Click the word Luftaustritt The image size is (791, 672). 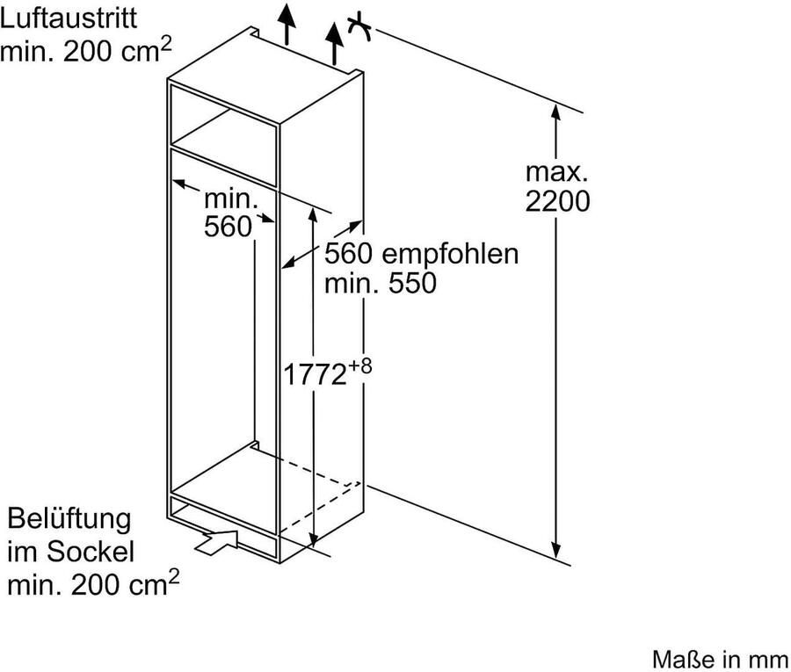coord(69,18)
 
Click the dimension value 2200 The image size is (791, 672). coord(557,201)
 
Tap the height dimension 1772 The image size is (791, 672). coord(316,374)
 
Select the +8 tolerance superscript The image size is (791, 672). coord(359,365)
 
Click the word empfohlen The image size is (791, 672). coord(450,254)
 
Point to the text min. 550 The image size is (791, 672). coord(381,284)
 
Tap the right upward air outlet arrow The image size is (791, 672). coord(334,43)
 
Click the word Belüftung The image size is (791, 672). coord(69,519)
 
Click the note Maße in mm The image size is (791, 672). coord(721,660)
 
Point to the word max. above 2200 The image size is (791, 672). coord(557,172)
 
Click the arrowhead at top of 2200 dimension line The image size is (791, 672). coord(556,112)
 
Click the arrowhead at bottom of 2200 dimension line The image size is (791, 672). coord(556,551)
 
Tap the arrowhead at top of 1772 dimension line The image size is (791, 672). coord(313,213)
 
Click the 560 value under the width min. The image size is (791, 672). coord(228,227)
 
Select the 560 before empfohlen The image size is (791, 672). coord(348,254)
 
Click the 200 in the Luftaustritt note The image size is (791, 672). coord(88,52)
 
